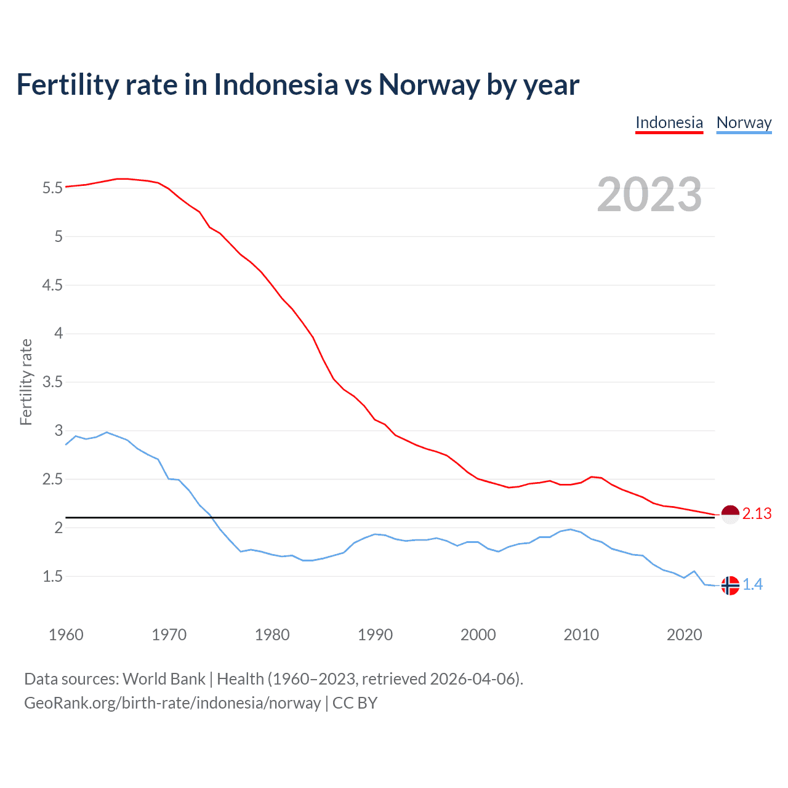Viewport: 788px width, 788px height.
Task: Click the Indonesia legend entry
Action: click(669, 123)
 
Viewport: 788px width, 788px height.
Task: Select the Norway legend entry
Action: click(744, 123)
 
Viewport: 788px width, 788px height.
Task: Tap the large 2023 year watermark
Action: click(649, 195)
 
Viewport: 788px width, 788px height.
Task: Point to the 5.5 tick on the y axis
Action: click(53, 188)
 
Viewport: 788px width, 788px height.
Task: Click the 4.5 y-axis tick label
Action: click(53, 285)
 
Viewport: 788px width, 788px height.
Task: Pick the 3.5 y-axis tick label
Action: click(53, 382)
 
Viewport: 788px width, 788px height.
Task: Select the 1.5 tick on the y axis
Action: click(53, 577)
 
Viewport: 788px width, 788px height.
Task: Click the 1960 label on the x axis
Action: click(66, 635)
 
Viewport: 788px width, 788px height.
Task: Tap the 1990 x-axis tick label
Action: click(375, 635)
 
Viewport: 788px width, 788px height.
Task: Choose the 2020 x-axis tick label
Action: click(684, 635)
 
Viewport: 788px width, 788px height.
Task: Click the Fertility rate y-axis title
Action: click(26, 382)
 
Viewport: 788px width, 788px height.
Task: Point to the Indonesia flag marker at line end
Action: click(730, 514)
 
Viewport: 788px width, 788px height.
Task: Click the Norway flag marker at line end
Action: click(730, 585)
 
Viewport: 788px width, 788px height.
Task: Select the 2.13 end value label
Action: click(757, 513)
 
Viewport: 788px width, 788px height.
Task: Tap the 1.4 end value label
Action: click(752, 585)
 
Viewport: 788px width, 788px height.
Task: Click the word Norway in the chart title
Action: click(429, 85)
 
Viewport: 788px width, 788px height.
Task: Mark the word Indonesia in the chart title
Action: click(276, 85)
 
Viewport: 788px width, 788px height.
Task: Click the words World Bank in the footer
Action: click(164, 679)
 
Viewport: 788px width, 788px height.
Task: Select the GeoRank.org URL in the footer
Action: click(172, 703)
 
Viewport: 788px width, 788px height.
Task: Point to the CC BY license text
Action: click(355, 703)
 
